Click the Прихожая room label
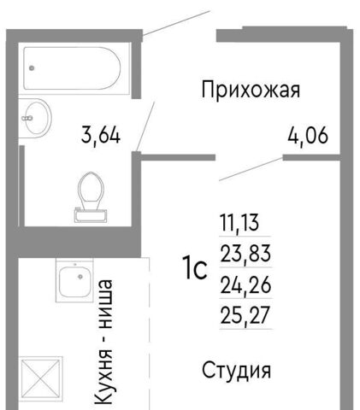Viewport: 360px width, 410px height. pos(251,91)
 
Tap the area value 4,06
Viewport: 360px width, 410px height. pos(308,136)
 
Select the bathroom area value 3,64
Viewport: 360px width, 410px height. pos(101,135)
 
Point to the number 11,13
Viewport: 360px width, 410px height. pos(239,223)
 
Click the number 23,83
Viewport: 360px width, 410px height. pos(245,254)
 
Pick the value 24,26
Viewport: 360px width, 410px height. pos(245,285)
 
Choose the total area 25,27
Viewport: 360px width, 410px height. pos(245,315)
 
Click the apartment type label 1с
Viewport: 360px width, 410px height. pos(196,268)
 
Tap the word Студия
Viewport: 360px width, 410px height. pos(236,371)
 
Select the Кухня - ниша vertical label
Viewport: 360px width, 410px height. pos(104,342)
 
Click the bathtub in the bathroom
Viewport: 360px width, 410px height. pos(72,68)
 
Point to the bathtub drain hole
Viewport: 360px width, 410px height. pos(32,68)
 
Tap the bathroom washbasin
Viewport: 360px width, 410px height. pos(35,118)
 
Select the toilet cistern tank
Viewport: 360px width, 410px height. pos(91,215)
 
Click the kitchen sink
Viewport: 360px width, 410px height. pos(75,281)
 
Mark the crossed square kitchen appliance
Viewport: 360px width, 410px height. pos(41,378)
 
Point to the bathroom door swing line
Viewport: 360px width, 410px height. pos(145,126)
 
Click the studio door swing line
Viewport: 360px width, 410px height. pos(251,169)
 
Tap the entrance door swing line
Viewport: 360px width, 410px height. pos(176,23)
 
